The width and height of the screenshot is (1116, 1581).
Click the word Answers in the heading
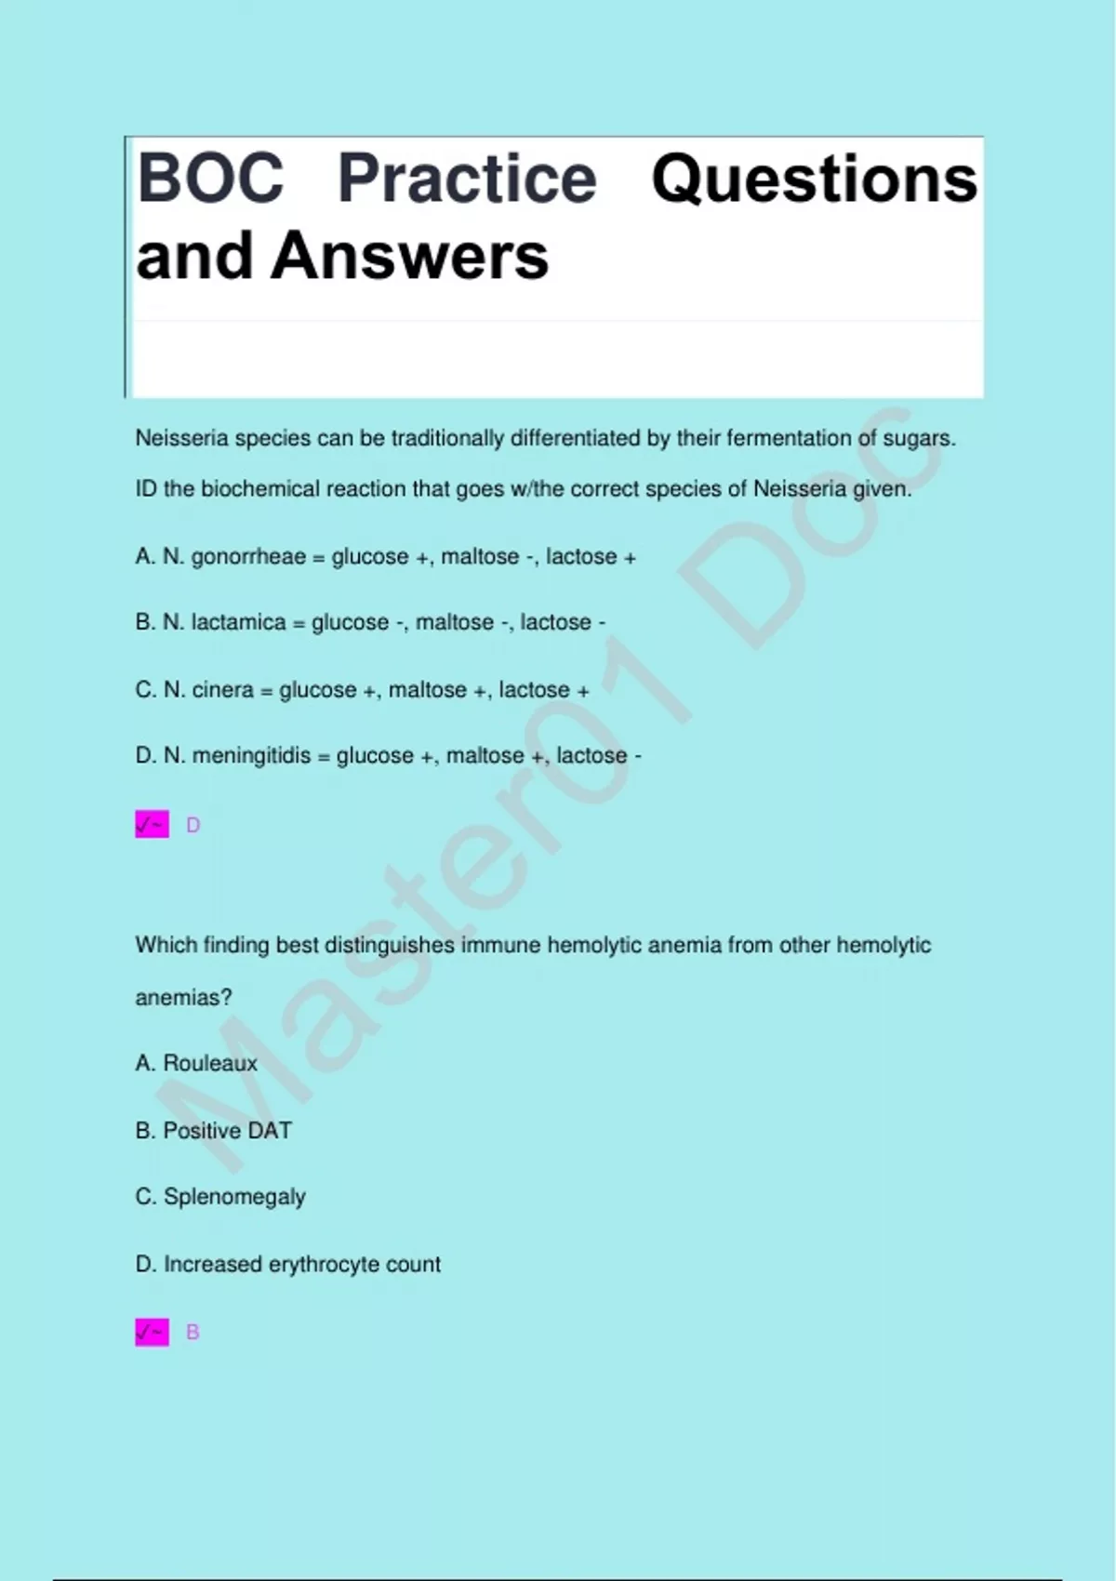coord(409,256)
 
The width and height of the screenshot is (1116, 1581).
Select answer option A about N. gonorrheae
coord(386,557)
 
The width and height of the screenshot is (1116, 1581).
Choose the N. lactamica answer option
coord(370,622)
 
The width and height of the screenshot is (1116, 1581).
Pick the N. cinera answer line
coord(362,690)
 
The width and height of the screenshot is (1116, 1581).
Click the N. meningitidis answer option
coord(388,756)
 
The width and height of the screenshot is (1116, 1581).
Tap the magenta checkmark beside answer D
coord(152,825)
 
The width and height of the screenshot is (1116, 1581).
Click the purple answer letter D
coord(193,825)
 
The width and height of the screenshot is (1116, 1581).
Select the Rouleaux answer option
coord(196,1063)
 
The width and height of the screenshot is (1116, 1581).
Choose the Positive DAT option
coord(213,1131)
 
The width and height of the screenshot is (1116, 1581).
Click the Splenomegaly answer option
coord(220,1197)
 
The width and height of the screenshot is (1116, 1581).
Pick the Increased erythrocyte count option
coord(287,1265)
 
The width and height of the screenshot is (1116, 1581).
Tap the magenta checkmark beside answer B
coord(152,1333)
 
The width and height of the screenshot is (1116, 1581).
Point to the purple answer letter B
coord(193,1333)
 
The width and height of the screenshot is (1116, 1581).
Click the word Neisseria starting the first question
coord(181,438)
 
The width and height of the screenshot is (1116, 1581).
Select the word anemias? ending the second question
coord(183,998)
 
